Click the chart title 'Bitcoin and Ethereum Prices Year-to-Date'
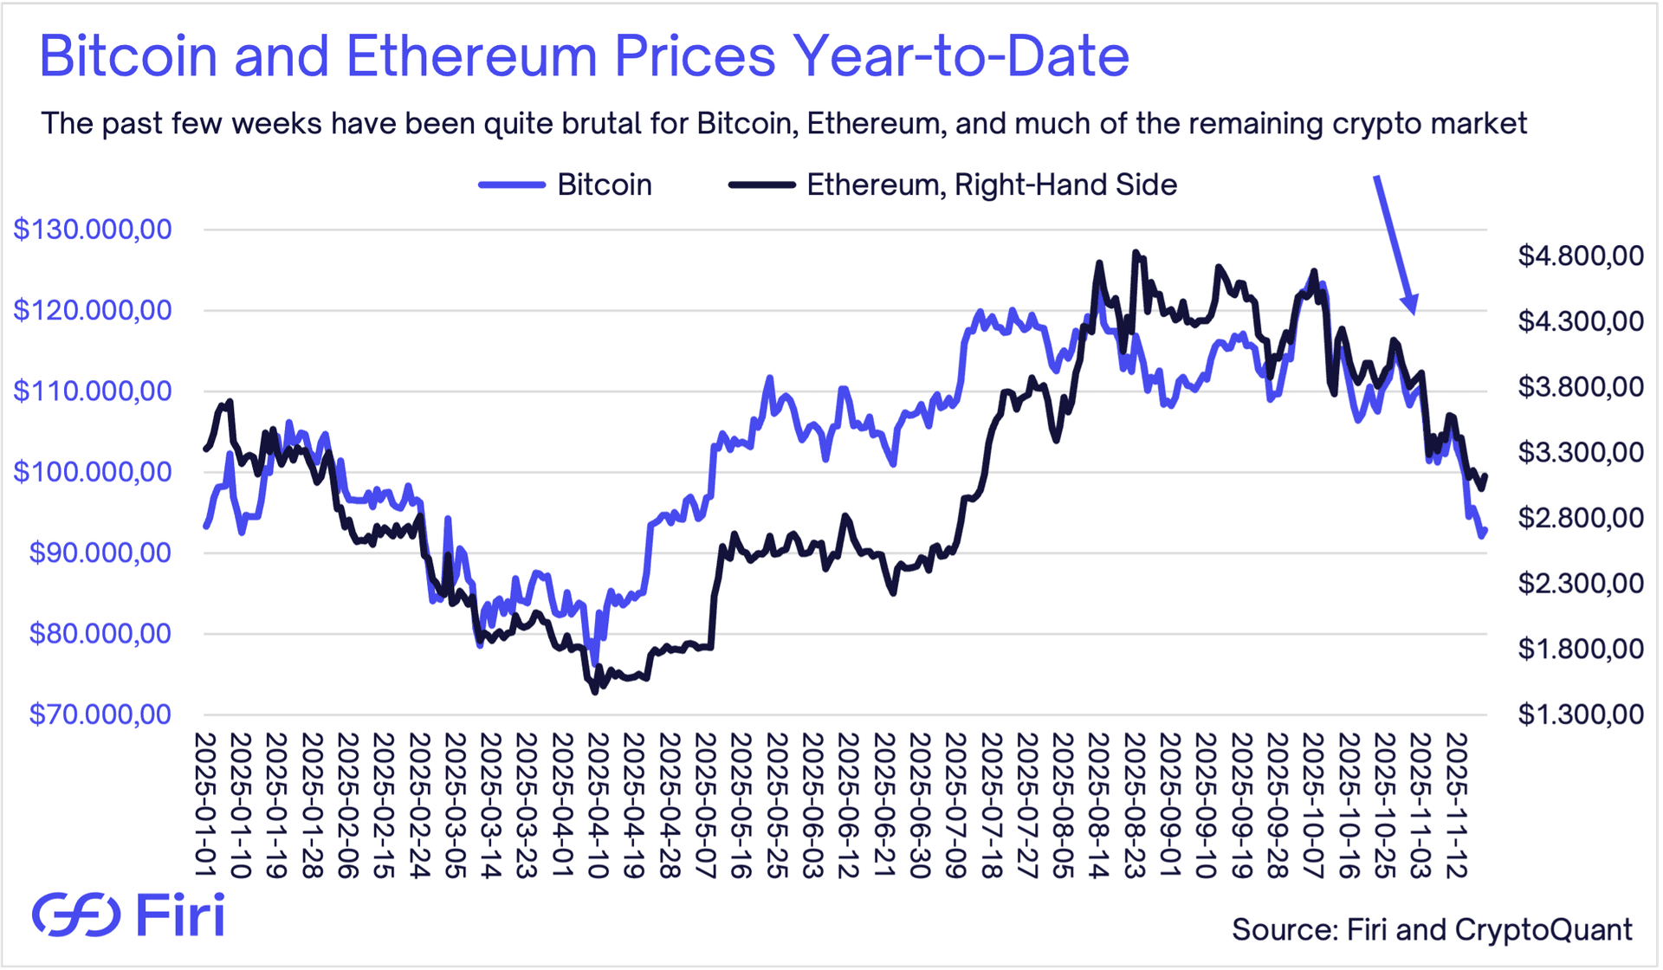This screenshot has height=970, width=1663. click(584, 56)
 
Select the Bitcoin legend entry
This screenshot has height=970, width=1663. click(565, 184)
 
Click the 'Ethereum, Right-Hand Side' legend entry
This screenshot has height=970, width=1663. click(953, 184)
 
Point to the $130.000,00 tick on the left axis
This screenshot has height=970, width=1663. click(93, 230)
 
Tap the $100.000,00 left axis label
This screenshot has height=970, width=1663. click(93, 472)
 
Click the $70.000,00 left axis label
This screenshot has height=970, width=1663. click(100, 715)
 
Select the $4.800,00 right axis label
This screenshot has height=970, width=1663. click(1580, 255)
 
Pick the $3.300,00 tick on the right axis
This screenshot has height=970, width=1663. click(1580, 452)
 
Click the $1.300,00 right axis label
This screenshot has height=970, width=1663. click(1580, 715)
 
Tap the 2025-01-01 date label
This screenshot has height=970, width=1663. click(205, 805)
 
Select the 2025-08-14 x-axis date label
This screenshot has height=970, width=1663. click(1098, 805)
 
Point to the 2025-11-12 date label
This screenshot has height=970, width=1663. click(1457, 805)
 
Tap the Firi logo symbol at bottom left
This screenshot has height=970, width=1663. click(76, 915)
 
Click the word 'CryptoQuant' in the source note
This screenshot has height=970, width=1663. click(1543, 929)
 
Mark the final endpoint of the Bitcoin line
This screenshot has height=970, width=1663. click(1486, 530)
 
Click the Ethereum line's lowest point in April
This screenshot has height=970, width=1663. click(595, 692)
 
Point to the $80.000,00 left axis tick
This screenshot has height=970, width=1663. click(100, 634)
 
